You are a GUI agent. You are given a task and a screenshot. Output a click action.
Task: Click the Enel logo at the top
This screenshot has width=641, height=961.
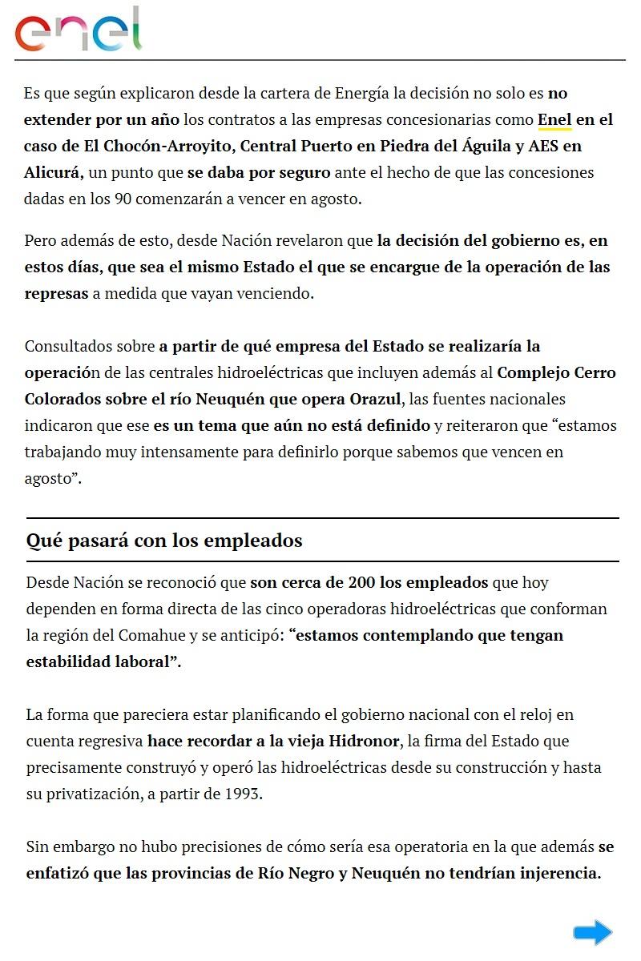point(78,30)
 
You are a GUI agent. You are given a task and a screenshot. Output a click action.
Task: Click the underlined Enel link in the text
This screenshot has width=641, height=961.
point(554,119)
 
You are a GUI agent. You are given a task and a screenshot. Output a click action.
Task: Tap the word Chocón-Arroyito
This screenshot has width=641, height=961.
point(155,146)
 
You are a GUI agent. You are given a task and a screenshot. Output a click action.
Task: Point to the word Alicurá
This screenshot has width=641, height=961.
point(53,172)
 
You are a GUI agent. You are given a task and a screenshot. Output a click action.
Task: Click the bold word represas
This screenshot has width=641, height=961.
point(56,293)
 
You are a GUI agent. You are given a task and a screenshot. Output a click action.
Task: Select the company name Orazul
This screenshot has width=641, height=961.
point(375,399)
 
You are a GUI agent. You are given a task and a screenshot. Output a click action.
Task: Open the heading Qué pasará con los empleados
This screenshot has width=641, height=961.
point(164,541)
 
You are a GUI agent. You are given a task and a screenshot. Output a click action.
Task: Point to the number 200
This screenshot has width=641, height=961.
point(362,582)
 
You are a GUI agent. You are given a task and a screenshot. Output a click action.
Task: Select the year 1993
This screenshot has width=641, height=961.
point(244,794)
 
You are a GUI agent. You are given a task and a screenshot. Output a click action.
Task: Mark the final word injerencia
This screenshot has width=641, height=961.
point(553,873)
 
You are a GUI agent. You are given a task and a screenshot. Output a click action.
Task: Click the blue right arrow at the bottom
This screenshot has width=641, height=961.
point(593,932)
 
